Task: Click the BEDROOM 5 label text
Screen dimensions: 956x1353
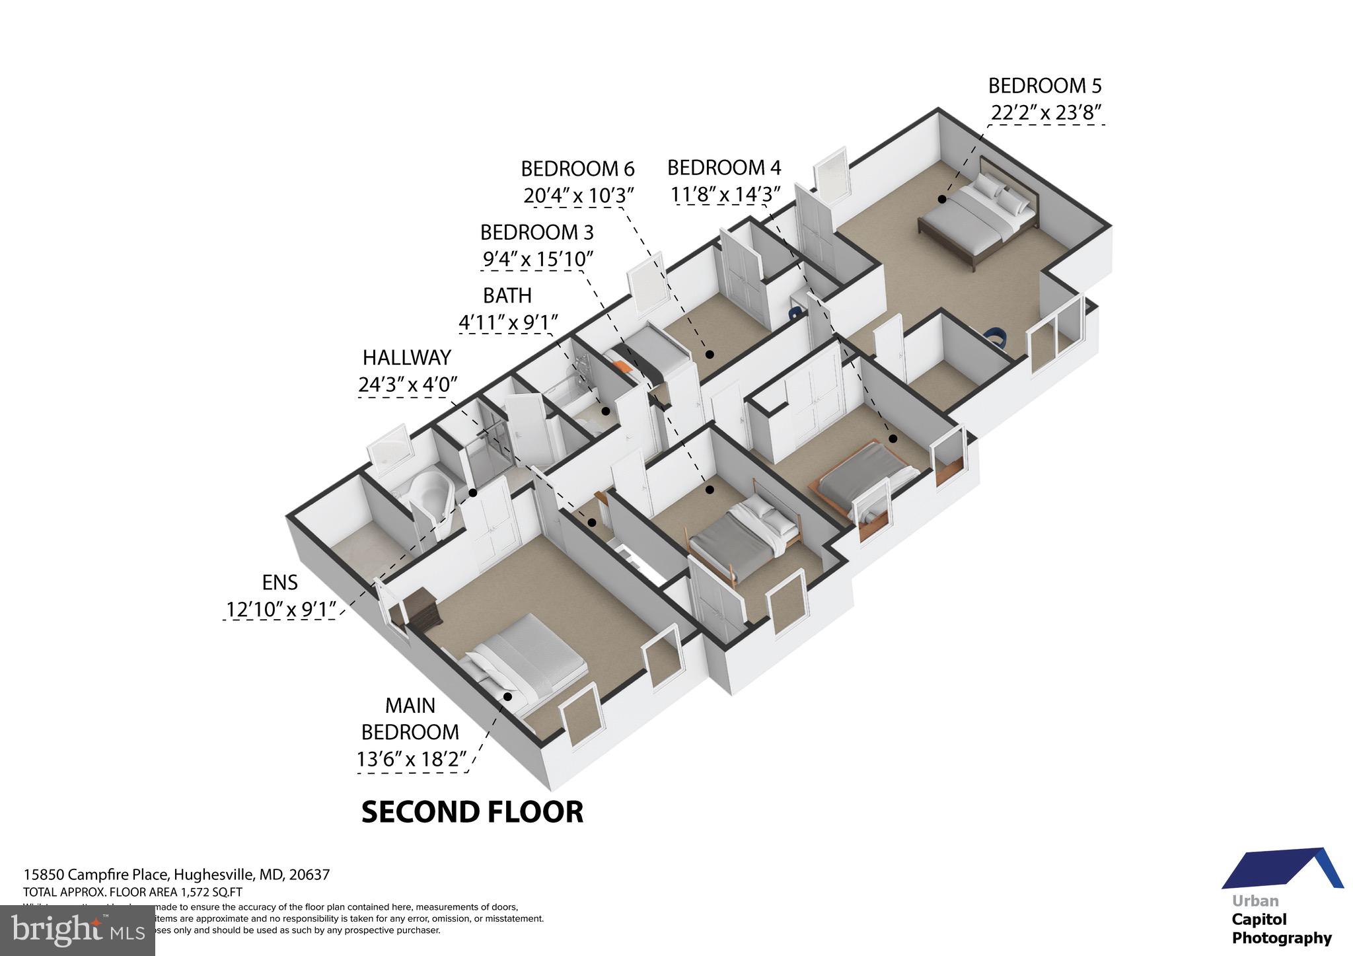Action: click(x=1044, y=86)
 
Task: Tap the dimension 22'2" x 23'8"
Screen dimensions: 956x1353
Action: click(x=1046, y=114)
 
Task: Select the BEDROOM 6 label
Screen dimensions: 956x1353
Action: click(x=577, y=169)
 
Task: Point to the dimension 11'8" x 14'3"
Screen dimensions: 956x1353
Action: click(x=725, y=195)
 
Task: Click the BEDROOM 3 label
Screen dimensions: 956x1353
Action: click(x=536, y=233)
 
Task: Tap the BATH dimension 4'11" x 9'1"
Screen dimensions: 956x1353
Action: click(x=507, y=322)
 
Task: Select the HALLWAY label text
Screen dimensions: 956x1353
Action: click(x=406, y=357)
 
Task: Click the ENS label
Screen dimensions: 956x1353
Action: click(x=279, y=583)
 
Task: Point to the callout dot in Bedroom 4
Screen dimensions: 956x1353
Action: click(x=893, y=438)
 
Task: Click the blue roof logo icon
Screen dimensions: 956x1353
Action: click(x=1282, y=869)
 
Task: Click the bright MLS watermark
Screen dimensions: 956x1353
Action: click(x=77, y=930)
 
